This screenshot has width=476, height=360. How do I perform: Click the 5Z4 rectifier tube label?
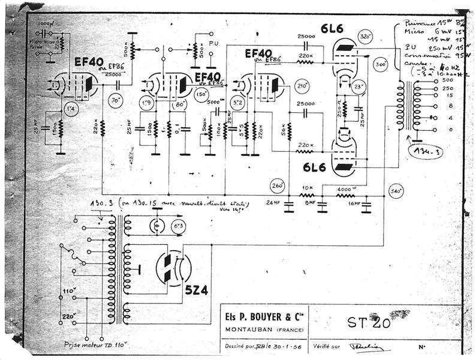[196, 289]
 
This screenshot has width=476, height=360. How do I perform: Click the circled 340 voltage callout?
[395, 192]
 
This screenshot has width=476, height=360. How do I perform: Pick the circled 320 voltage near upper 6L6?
[364, 35]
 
